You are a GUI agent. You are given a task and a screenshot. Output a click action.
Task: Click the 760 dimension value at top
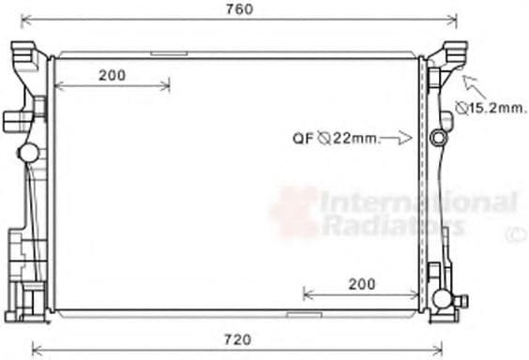click(x=239, y=9)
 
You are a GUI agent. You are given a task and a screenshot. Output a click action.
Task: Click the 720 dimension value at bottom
click(x=238, y=339)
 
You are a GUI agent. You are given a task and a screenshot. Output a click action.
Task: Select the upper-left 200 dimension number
click(x=113, y=75)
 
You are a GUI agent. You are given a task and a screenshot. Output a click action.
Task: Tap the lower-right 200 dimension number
click(x=362, y=284)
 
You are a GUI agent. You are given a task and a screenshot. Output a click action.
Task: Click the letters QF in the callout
click(x=303, y=138)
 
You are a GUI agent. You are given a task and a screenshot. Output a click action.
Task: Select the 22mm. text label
click(x=356, y=138)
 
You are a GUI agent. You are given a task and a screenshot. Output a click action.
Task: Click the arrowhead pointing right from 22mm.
click(x=405, y=138)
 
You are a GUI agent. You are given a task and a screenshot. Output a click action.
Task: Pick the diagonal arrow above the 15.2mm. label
click(x=474, y=86)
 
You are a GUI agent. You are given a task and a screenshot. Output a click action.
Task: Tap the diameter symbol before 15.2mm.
click(x=461, y=108)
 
